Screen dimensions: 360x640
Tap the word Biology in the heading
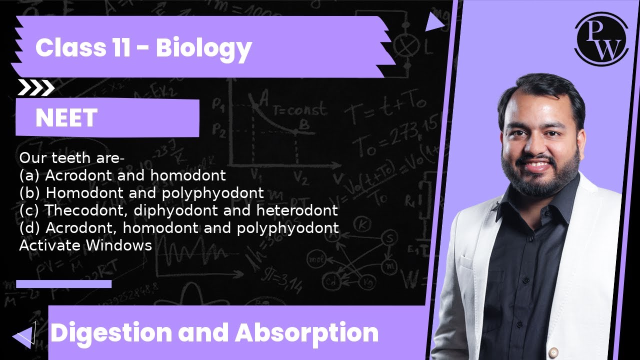pos(203,48)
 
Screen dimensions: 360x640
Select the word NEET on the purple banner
pos(66,118)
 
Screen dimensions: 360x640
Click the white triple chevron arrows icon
pos(36,88)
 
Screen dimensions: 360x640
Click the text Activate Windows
pos(85,245)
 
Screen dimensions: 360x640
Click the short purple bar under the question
pos(63,284)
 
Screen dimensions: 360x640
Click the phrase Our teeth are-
pos(71,158)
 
